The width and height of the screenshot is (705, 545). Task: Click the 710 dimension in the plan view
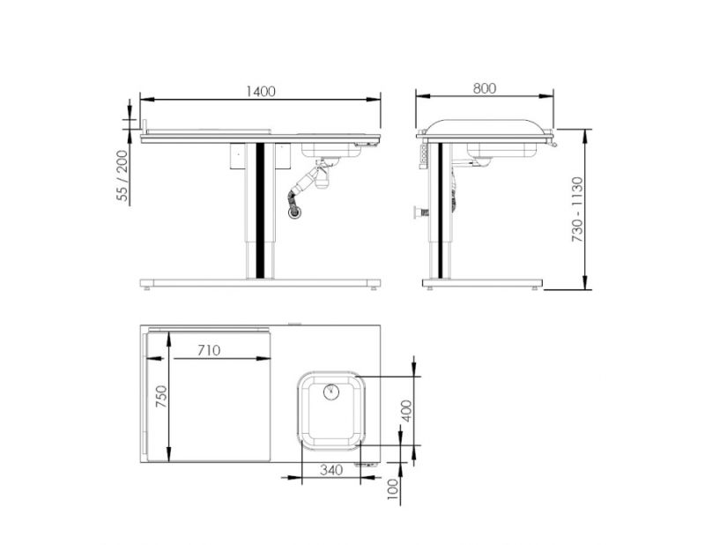click(x=208, y=350)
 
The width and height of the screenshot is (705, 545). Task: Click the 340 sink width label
click(x=330, y=470)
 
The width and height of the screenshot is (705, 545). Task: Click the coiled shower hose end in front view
click(x=296, y=208)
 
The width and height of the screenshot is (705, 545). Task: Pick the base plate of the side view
click(x=481, y=283)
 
